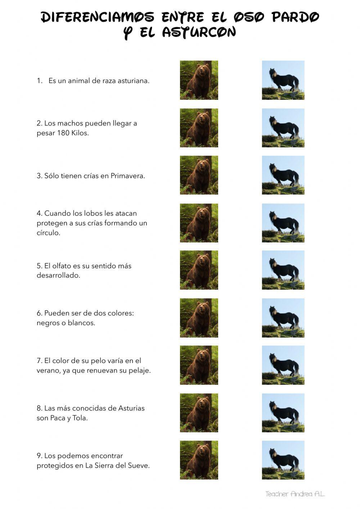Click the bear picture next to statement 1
199,80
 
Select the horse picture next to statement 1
283,80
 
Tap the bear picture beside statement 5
199,270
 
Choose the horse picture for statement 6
283,318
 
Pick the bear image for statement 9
199,460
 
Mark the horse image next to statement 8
283,412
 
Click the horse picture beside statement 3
283,175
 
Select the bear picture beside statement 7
199,365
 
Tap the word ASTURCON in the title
199,33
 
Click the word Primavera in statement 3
127,176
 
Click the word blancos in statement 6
81,323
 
